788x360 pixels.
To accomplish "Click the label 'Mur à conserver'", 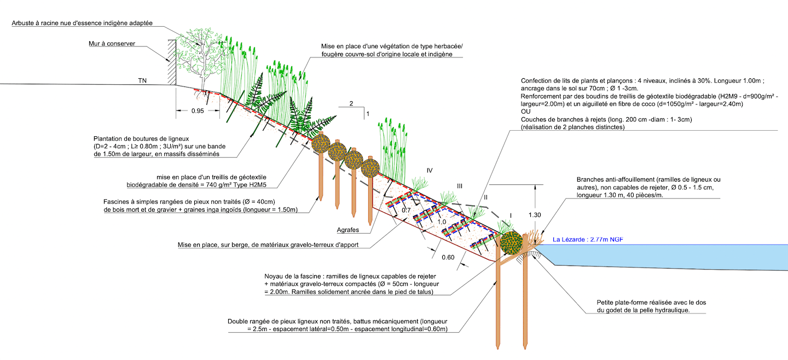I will [x=112, y=43].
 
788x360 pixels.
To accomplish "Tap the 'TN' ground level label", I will [x=142, y=80].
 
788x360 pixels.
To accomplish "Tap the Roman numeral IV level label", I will [x=430, y=171].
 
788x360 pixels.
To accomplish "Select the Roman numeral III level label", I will [x=459, y=187].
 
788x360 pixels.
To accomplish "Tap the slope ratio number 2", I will [x=351, y=103].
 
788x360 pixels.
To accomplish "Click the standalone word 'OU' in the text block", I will [x=526, y=111].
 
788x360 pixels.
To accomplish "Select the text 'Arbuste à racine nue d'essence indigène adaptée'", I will [x=82, y=23].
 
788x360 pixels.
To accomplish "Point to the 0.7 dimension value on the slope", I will [x=406, y=210].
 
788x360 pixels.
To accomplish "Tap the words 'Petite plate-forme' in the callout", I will [x=622, y=302].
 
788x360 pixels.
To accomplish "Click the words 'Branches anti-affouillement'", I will [x=617, y=180].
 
